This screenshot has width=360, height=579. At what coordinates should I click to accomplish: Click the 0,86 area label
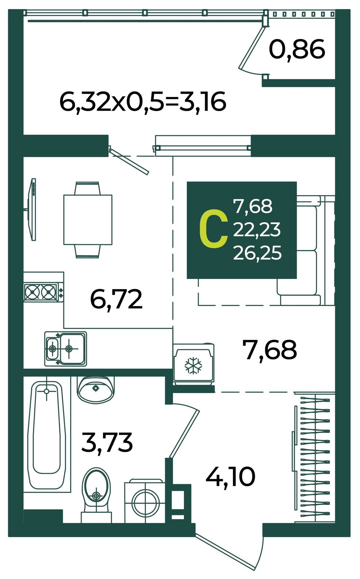[297, 50]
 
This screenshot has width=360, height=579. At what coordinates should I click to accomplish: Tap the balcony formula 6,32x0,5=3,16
[143, 102]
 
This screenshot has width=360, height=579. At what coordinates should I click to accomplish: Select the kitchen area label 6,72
[116, 299]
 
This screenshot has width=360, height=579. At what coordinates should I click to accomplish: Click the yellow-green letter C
[213, 229]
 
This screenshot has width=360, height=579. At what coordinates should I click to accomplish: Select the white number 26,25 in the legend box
[257, 252]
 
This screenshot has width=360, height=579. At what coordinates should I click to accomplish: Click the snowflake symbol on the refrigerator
[193, 366]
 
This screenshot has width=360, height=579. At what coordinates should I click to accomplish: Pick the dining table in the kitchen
[88, 220]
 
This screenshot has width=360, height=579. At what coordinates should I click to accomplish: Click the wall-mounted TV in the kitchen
[31, 209]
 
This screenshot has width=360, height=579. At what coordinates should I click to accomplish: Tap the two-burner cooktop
[43, 292]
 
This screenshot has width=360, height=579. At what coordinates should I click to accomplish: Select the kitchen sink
[66, 348]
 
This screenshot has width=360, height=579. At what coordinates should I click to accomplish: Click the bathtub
[47, 435]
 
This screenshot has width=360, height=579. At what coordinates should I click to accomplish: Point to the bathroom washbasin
[96, 389]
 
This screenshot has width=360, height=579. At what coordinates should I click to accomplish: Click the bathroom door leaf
[184, 434]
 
